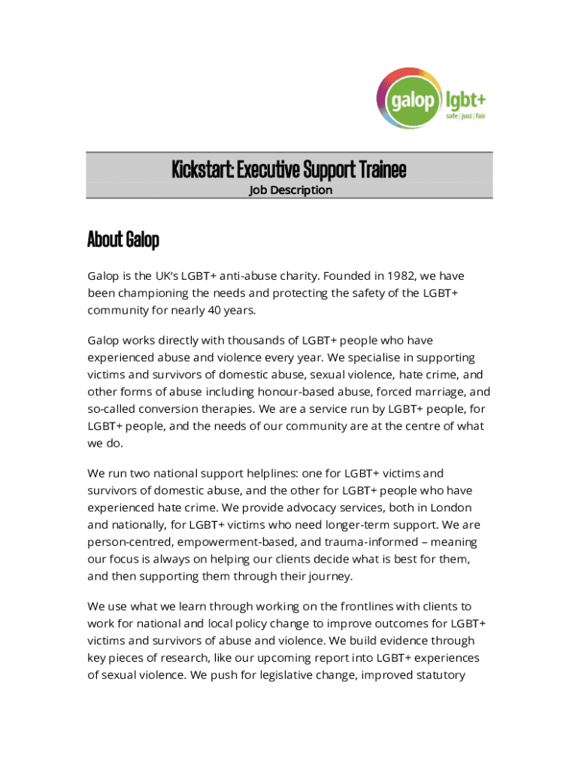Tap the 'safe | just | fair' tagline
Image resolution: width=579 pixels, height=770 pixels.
(x=466, y=117)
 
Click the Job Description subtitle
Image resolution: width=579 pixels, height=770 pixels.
(x=290, y=189)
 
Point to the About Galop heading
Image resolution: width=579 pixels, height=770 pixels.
(x=123, y=240)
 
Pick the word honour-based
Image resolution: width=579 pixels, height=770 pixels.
(x=295, y=391)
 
